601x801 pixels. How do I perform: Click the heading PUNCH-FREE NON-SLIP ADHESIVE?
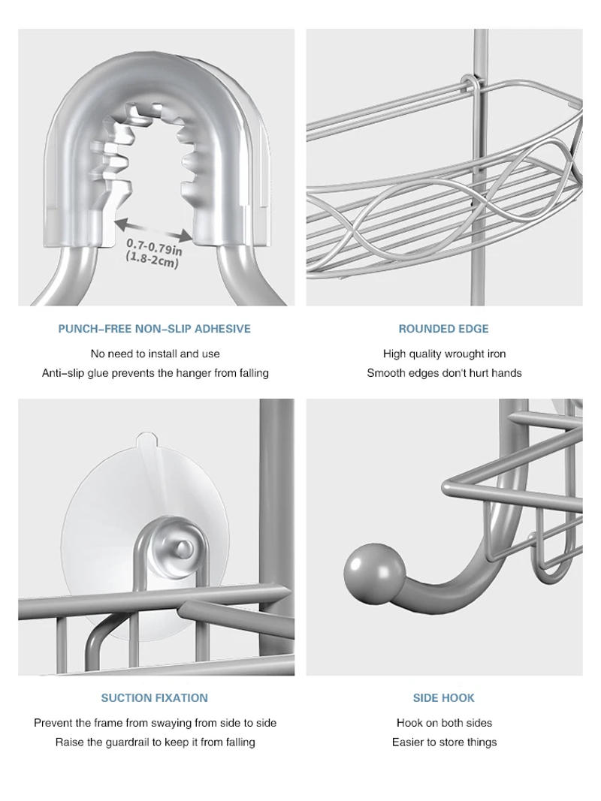point(155,329)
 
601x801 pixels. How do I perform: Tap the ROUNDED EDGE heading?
point(443,329)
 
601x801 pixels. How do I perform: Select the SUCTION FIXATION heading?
point(155,698)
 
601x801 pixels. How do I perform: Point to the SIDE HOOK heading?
point(443,698)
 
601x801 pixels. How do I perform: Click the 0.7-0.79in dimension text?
point(154,246)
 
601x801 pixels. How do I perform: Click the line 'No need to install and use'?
point(155,354)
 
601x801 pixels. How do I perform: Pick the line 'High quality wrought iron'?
point(444,354)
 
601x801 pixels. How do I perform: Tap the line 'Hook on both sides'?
point(444,723)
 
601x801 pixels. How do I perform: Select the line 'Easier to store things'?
point(444,742)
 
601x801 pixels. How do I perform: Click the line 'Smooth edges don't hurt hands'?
point(444,373)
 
